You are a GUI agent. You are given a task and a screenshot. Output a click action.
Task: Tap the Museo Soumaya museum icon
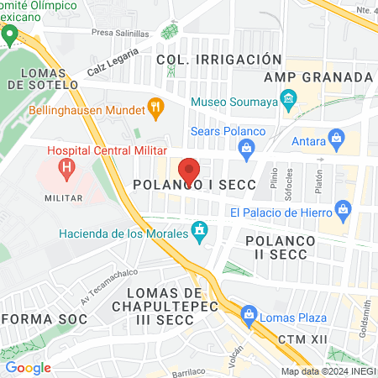pos(289,103)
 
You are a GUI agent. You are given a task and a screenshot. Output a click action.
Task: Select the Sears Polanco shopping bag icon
pos(246,151)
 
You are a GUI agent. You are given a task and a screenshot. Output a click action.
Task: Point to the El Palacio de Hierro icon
pos(342,208)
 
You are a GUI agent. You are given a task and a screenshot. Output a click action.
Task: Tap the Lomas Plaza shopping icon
pos(248,316)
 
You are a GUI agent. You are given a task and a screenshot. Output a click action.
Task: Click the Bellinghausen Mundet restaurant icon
pos(155,108)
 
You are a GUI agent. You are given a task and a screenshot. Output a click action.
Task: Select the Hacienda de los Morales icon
pos(199,229)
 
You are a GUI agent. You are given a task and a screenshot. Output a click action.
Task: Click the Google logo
pos(28,367)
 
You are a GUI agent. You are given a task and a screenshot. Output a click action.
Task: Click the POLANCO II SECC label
pos(281,248)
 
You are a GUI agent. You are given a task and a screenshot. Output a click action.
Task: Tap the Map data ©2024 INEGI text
pos(327,370)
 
